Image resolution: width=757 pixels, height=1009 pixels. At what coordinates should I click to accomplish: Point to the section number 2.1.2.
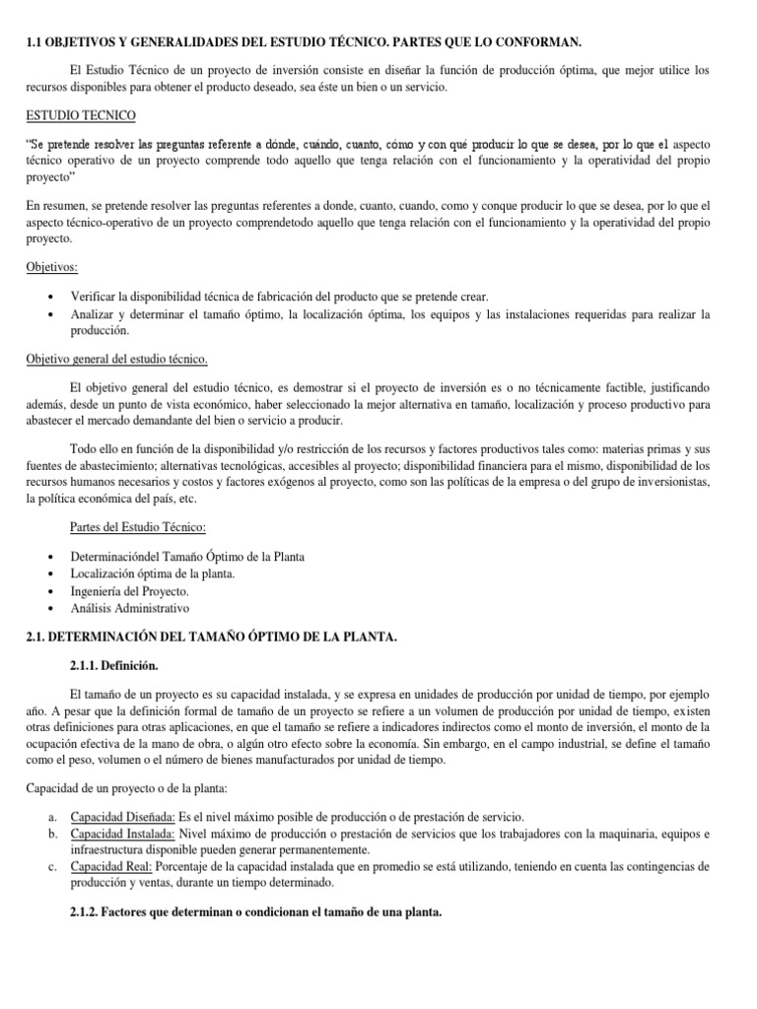(90, 912)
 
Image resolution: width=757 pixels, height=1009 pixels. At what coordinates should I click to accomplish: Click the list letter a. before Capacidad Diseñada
(53, 817)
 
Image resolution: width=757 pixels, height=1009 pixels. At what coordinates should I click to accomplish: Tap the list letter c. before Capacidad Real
(53, 866)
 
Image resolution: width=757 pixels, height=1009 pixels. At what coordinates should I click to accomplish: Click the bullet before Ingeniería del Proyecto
(51, 591)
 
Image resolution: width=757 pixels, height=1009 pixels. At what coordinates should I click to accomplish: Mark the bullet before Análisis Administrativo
(51, 609)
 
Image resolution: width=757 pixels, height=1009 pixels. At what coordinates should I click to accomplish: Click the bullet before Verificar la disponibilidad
(51, 297)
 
